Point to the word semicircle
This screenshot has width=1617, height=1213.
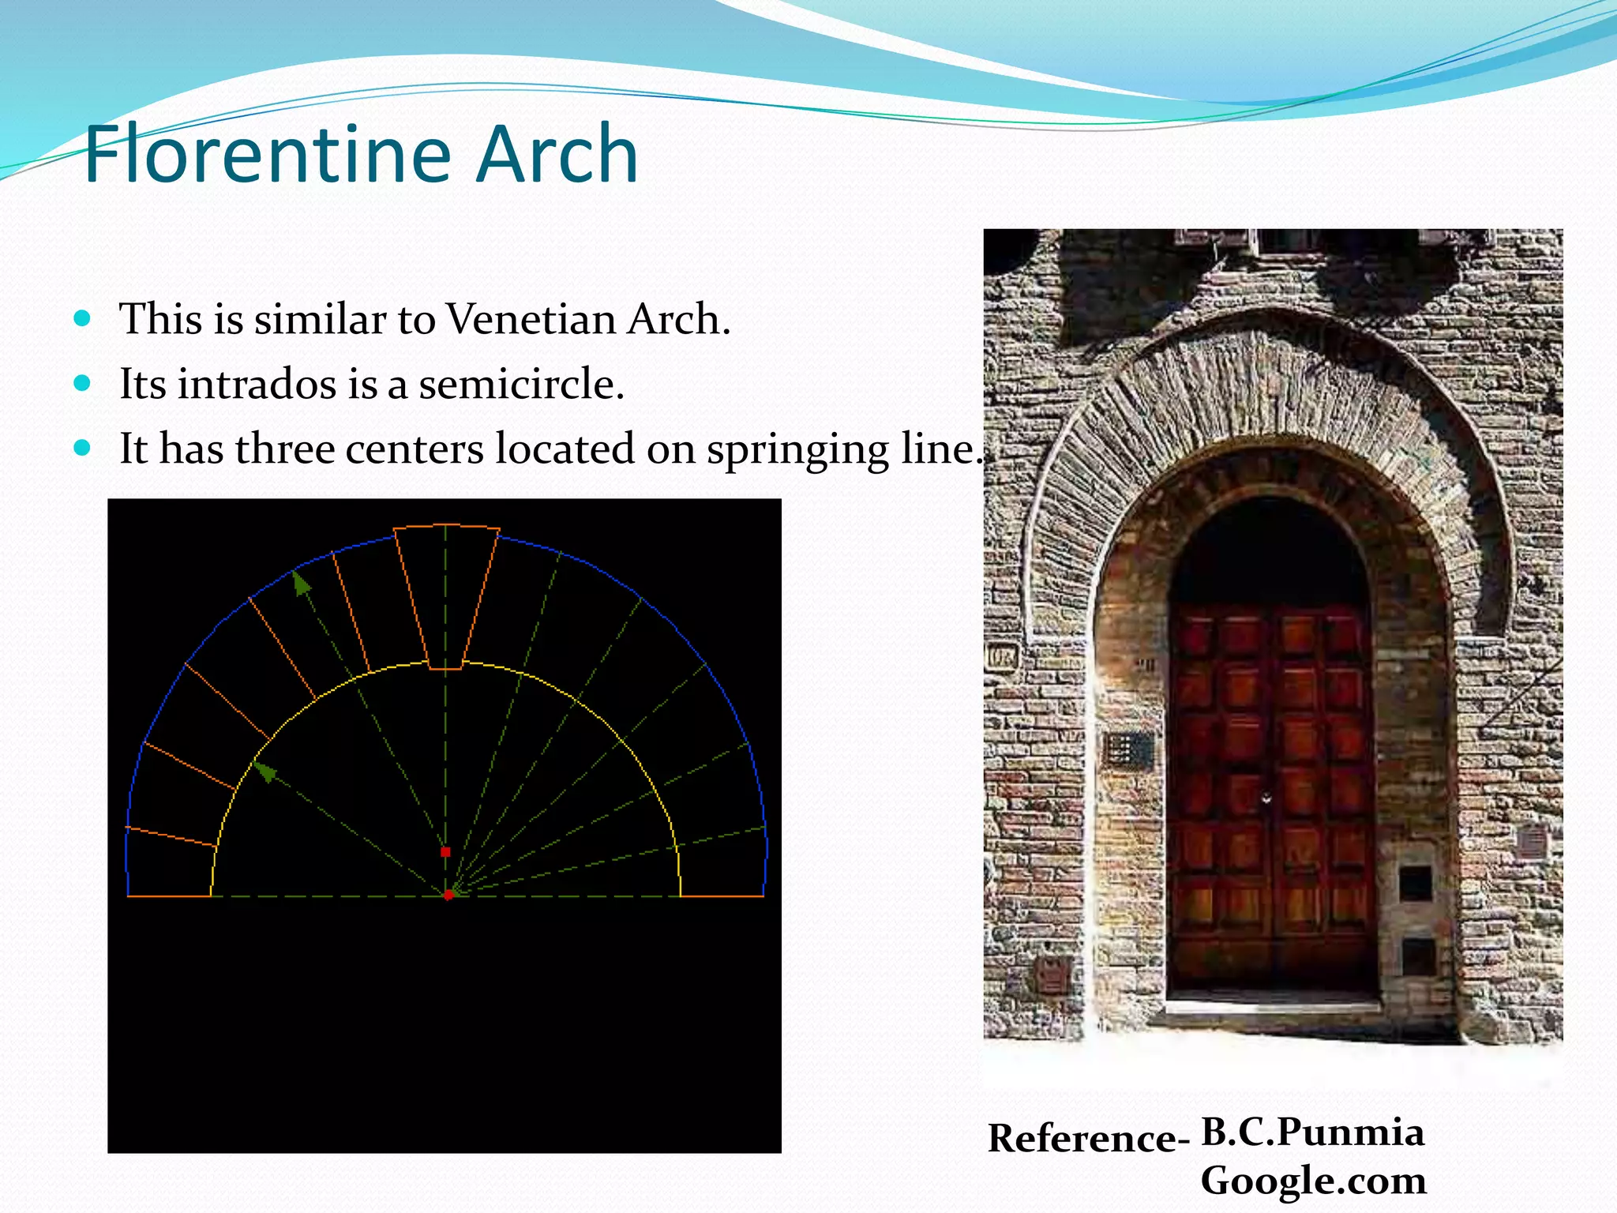tap(521, 385)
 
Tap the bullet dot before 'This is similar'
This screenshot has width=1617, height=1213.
tap(82, 319)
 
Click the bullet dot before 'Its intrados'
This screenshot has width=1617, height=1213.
tap(82, 384)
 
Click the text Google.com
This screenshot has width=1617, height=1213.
tap(1312, 1180)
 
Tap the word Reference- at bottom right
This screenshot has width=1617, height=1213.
tap(1087, 1138)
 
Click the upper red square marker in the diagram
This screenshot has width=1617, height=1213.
tap(445, 852)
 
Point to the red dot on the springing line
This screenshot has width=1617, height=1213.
tap(448, 895)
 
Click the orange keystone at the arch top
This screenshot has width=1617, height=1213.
tap(446, 596)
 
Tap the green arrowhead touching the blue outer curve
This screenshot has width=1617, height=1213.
tap(301, 583)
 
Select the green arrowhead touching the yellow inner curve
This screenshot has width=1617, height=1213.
tap(264, 771)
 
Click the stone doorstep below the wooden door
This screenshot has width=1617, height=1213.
tap(1273, 1008)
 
